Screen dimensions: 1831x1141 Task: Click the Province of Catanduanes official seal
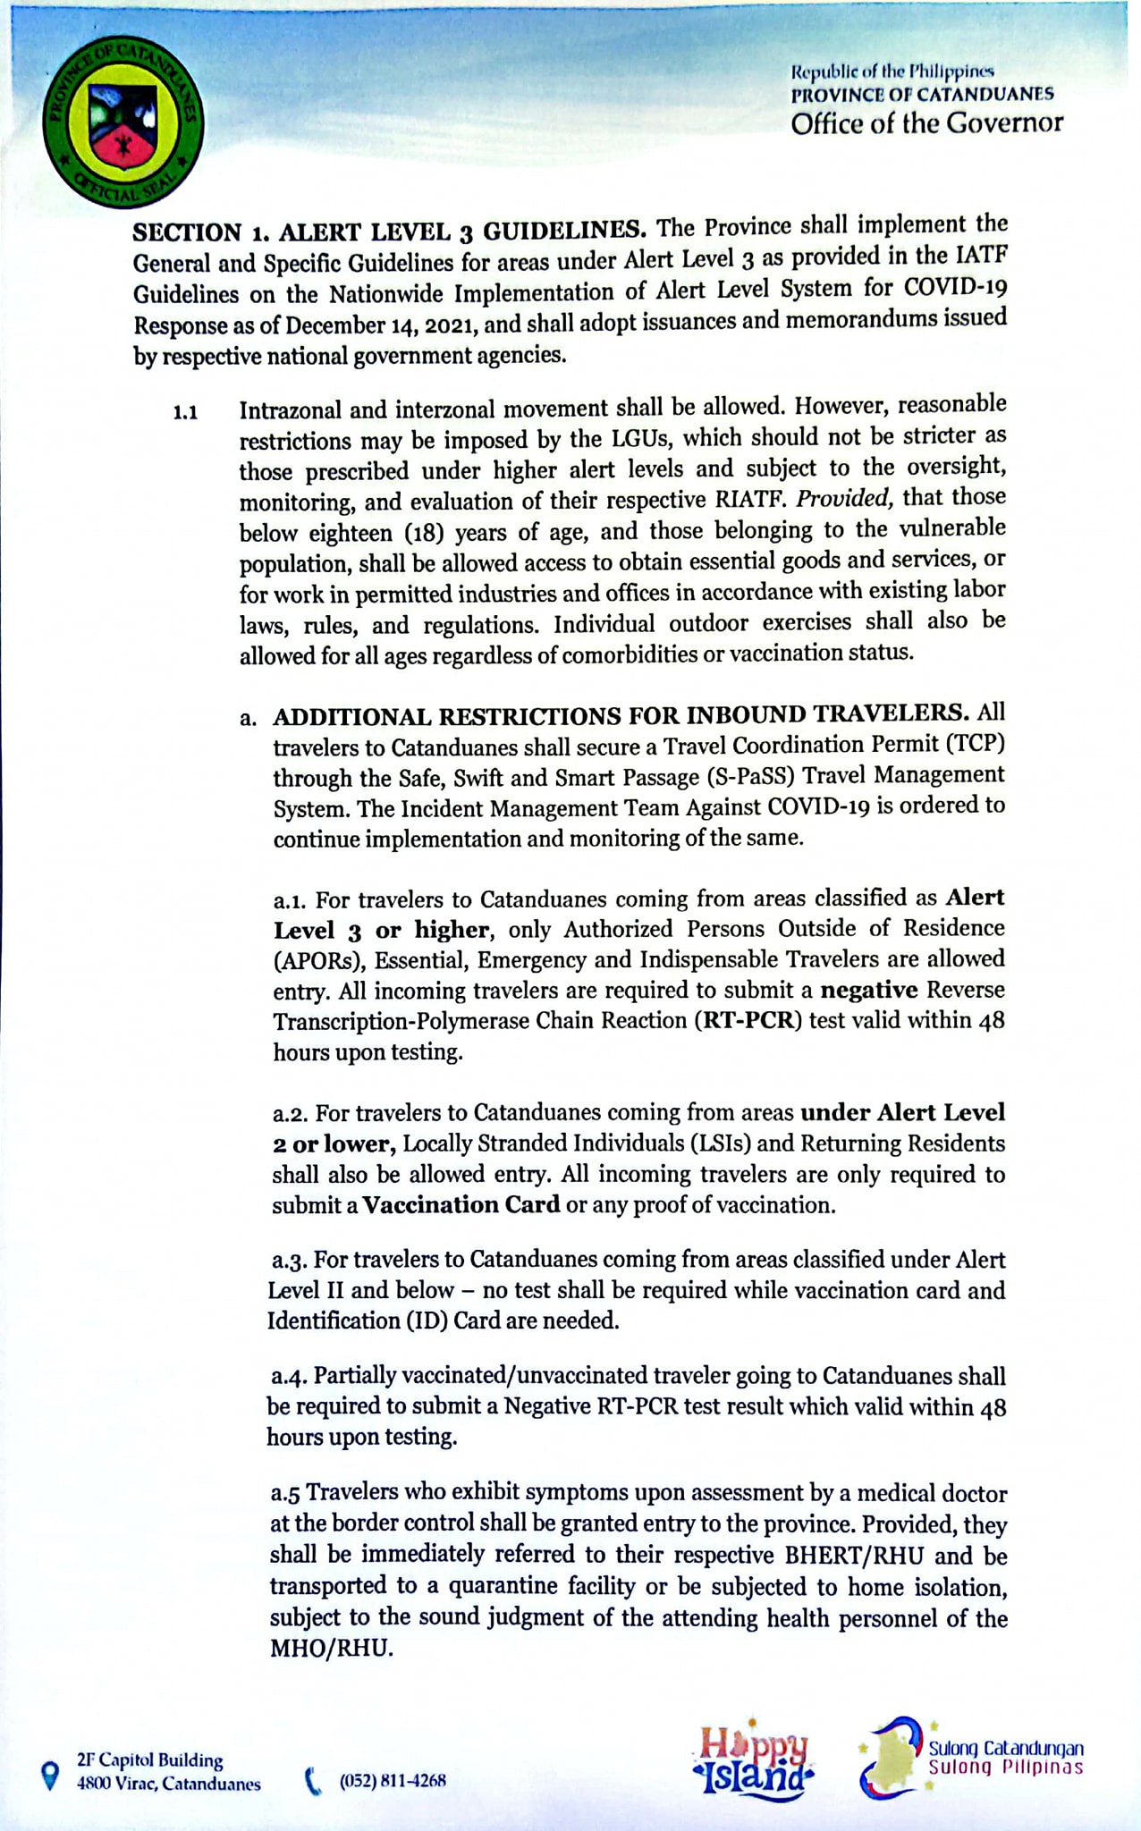123,122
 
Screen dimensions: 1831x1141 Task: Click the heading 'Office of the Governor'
926,122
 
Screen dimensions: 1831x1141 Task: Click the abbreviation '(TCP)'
974,745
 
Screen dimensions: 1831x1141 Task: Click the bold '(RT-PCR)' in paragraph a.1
749,1020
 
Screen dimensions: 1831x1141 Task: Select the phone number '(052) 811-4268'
393,1780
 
